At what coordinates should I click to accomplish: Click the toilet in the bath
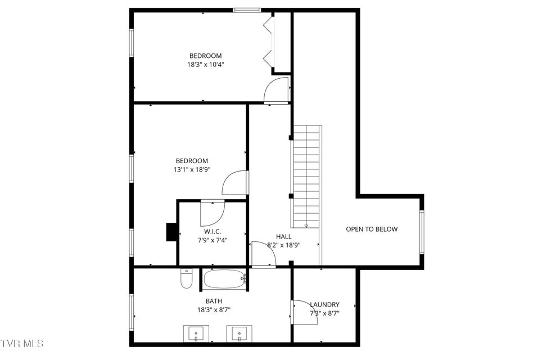click(186, 279)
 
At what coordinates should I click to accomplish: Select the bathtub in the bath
click(225, 279)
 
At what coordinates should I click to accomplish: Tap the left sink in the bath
click(196, 334)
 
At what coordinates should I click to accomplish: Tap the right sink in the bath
click(239, 334)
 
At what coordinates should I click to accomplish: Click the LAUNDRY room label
click(324, 304)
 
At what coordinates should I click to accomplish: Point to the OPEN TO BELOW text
click(372, 229)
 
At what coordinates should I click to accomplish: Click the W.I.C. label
click(213, 232)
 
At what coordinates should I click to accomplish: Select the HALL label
click(284, 237)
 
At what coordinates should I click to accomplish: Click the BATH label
click(214, 301)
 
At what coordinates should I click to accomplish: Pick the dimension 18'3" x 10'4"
click(206, 65)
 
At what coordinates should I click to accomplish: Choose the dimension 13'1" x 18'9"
click(192, 169)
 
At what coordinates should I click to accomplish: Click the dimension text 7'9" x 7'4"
click(213, 240)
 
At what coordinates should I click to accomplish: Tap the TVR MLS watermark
click(22, 343)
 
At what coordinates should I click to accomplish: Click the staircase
click(307, 176)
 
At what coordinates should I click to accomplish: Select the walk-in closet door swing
click(213, 214)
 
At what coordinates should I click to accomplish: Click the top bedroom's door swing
click(276, 91)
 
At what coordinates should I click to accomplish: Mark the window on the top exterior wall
click(247, 10)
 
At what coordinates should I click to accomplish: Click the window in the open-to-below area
click(422, 232)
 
